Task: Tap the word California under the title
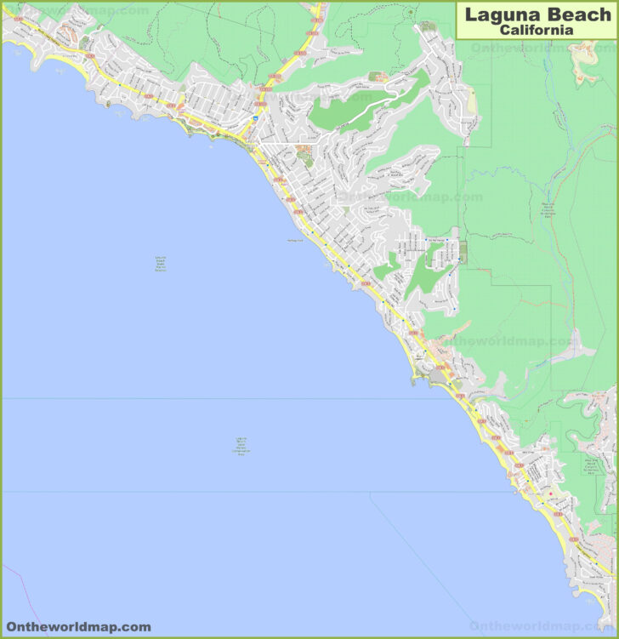pyautogui.click(x=536, y=30)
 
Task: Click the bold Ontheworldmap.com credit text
pyautogui.click(x=78, y=627)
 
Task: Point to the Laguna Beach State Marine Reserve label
pyautogui.click(x=161, y=264)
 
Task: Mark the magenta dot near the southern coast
pyautogui.click(x=550, y=494)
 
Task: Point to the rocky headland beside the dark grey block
pyautogui.click(x=417, y=374)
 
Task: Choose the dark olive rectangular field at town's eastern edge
pyautogui.click(x=462, y=252)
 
